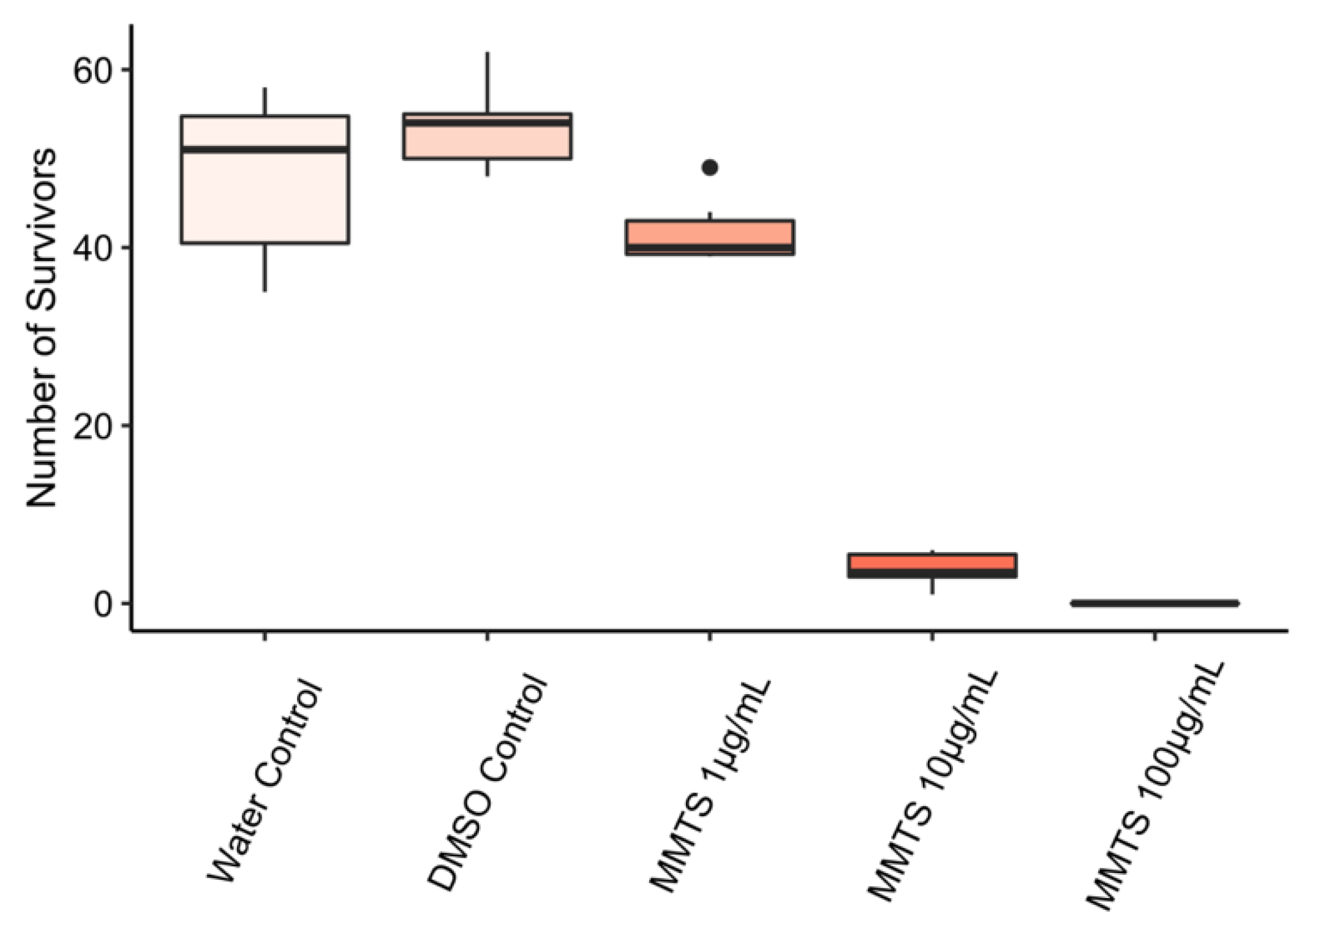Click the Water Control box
click(265, 196)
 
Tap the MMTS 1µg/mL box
click(710, 233)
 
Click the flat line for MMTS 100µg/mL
click(1154, 603)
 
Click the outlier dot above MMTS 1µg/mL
click(710, 167)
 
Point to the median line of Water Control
click(265, 149)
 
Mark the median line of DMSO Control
click(487, 123)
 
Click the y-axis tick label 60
click(92, 70)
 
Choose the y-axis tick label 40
click(92, 248)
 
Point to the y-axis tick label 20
click(92, 426)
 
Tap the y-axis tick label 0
click(104, 604)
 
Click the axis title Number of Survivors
click(42, 328)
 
